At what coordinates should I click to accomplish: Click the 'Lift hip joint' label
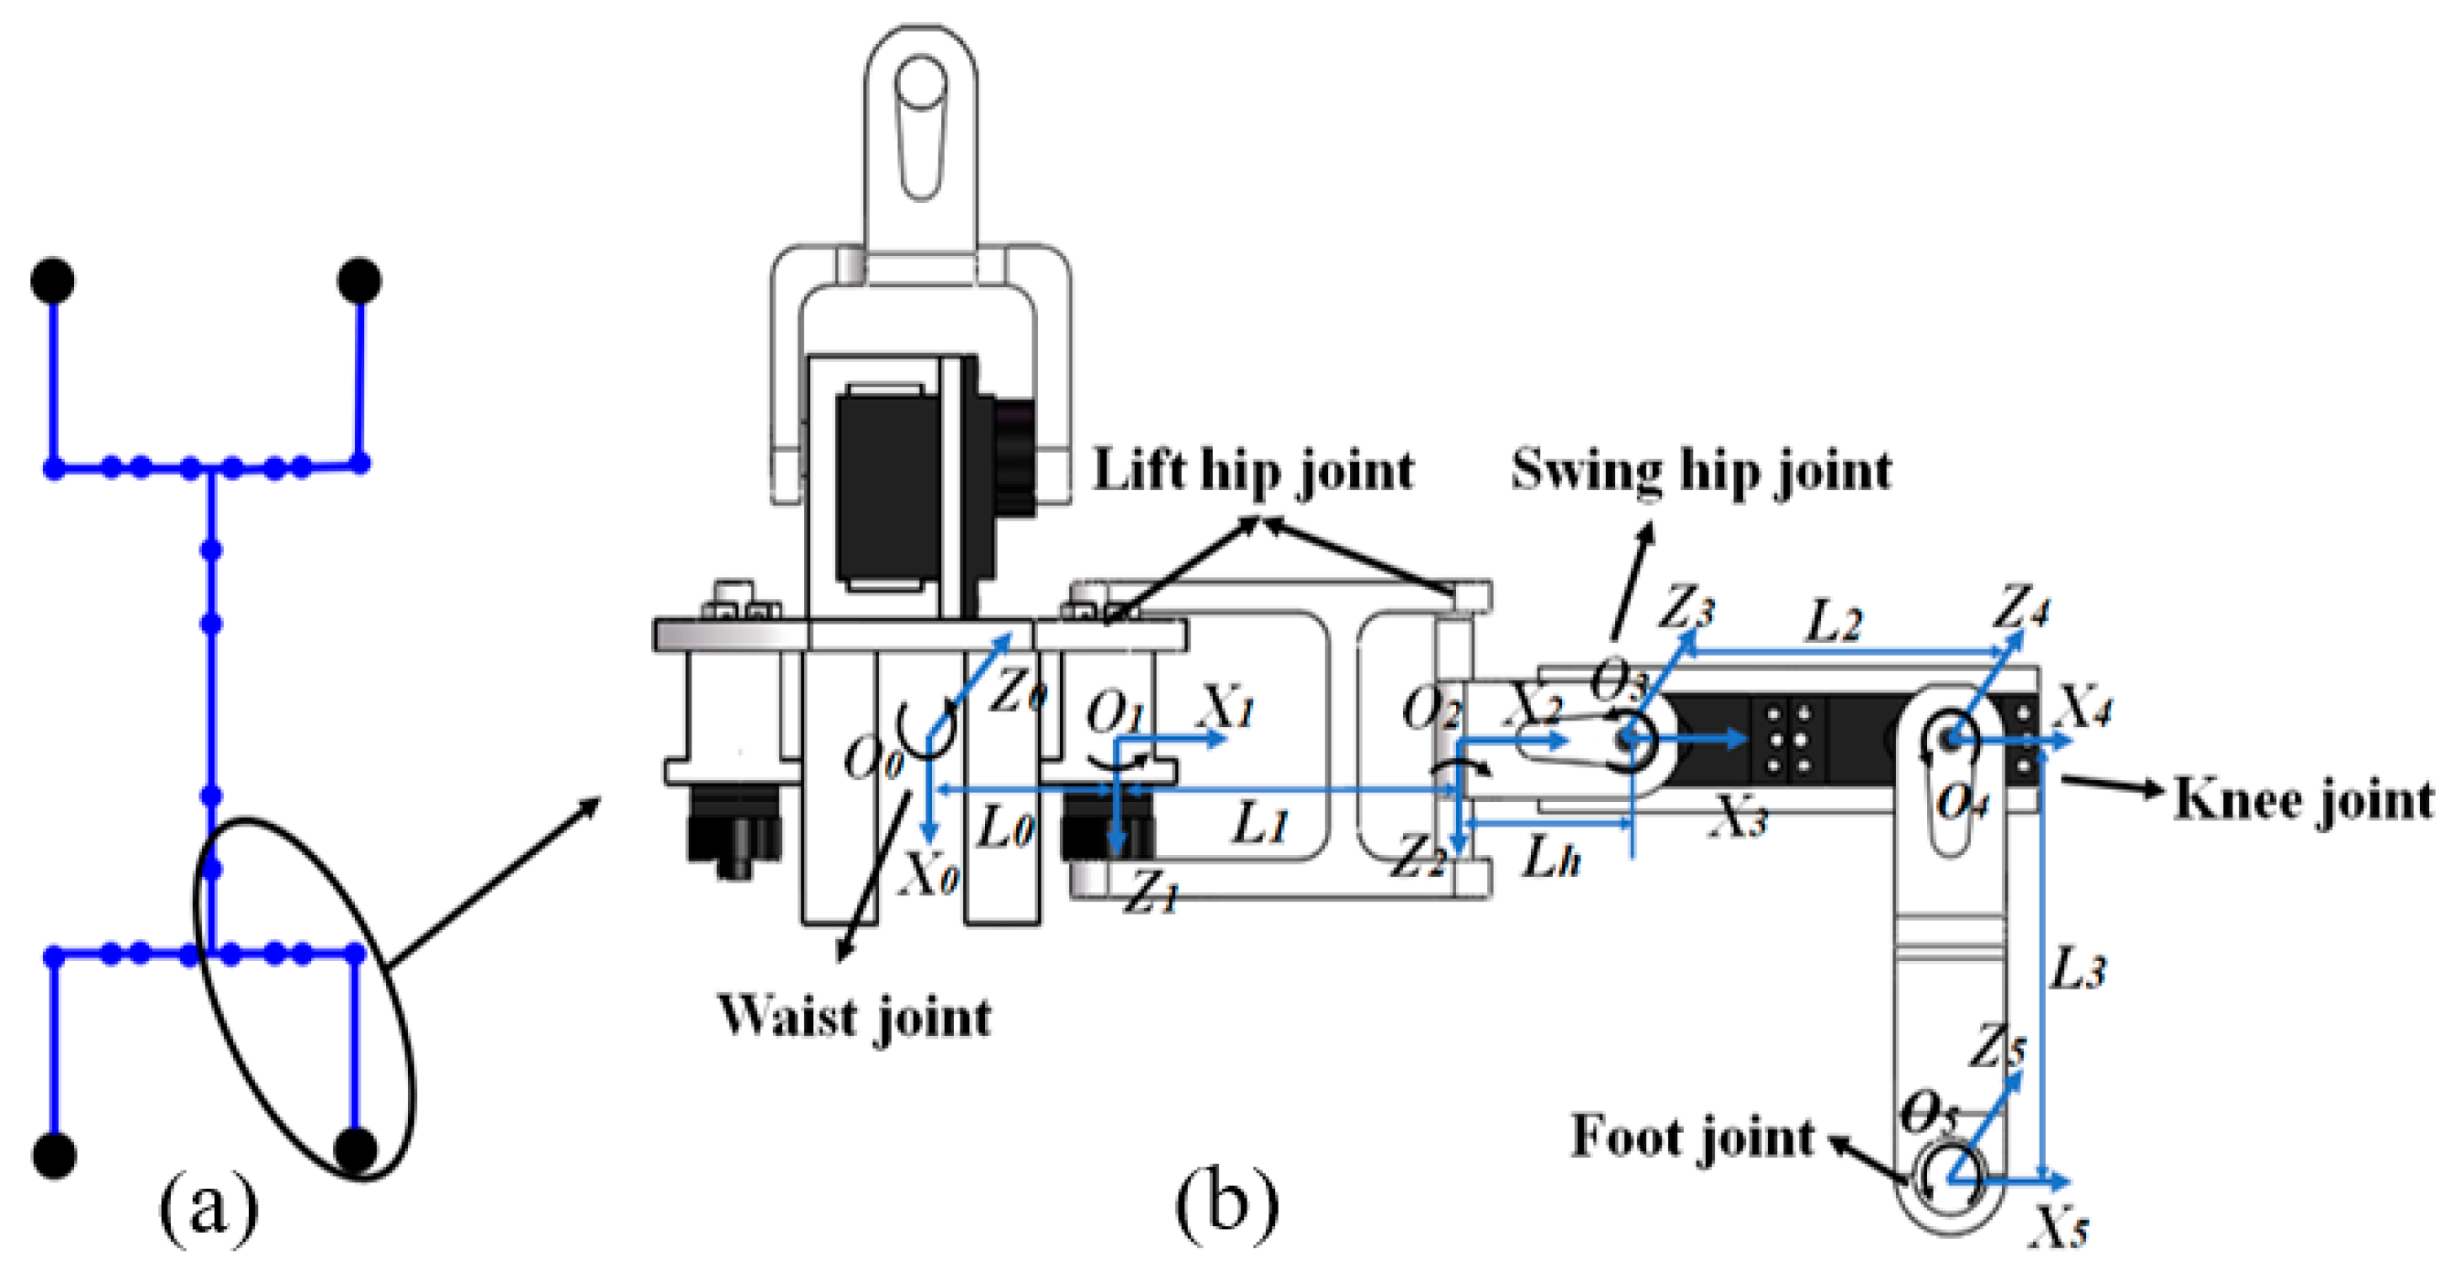click(1253, 471)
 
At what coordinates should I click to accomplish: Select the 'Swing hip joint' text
click(1701, 471)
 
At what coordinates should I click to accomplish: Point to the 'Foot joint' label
click(1692, 1138)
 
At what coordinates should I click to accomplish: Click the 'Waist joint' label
click(854, 1018)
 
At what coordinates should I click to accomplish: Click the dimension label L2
click(1835, 624)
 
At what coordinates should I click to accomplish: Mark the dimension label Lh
click(1550, 858)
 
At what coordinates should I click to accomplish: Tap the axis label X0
click(930, 877)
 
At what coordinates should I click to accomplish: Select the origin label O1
click(1115, 712)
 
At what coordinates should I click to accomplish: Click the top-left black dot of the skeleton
click(53, 281)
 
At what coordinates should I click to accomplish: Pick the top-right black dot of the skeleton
click(359, 281)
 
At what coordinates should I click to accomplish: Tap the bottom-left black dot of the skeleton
click(53, 1155)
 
